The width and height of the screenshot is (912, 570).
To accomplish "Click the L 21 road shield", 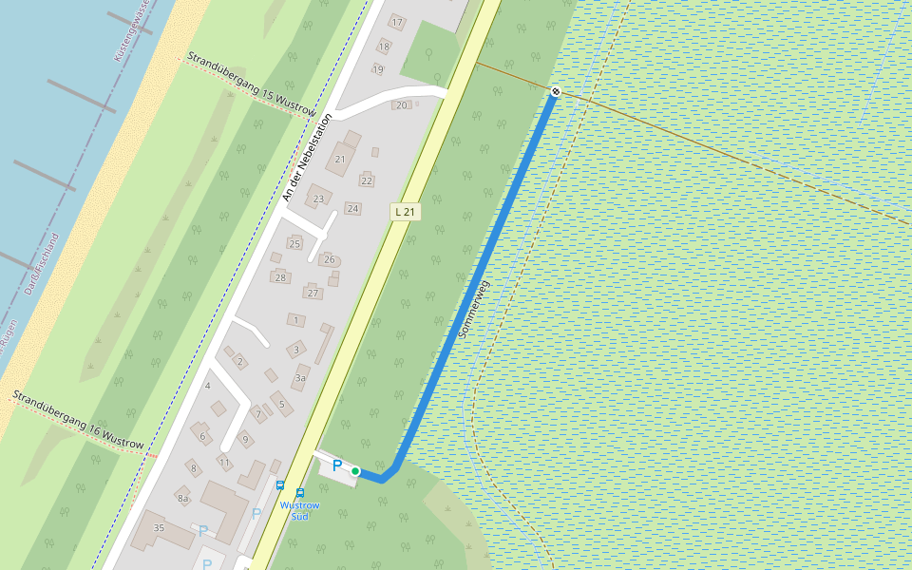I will (x=405, y=212).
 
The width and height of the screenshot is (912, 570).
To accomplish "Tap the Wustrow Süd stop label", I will (x=299, y=510).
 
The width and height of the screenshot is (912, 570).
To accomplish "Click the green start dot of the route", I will (x=355, y=471).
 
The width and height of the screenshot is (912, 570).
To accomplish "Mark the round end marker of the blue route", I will (x=555, y=91).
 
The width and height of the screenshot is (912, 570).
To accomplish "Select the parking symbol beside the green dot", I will (x=336, y=465).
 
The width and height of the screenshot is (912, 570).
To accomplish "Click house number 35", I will (x=159, y=527).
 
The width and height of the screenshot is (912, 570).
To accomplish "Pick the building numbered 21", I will (x=340, y=159).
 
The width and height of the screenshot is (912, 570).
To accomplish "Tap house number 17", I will (x=397, y=22).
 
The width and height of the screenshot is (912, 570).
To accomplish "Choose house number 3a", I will (x=300, y=378).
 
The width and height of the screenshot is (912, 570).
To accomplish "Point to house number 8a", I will (x=183, y=498).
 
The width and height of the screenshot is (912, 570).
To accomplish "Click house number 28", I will (x=280, y=277).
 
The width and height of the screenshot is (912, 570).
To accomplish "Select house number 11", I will (x=224, y=462).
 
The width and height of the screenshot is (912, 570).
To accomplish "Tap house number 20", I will (x=401, y=105).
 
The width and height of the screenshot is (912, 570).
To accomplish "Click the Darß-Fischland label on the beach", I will (x=41, y=264).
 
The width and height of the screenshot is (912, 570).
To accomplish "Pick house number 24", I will (x=352, y=209).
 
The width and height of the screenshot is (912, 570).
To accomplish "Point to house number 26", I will (x=329, y=259).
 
